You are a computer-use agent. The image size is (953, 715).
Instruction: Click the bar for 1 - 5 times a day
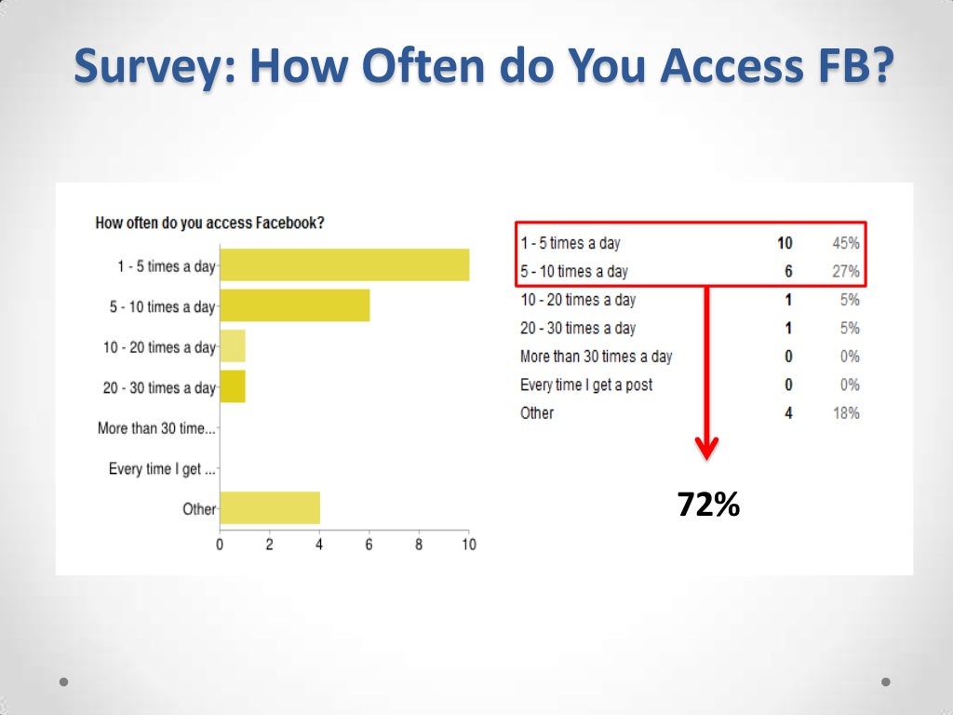[344, 265]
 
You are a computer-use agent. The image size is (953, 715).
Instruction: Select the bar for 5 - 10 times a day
[294, 305]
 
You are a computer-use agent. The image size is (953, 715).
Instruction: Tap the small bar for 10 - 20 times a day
[232, 346]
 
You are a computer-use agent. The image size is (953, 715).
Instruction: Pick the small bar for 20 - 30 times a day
[232, 386]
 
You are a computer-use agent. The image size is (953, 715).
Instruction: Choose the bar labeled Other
[270, 508]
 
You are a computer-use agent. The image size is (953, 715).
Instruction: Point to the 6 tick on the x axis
[369, 545]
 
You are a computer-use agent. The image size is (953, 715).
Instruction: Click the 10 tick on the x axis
[468, 545]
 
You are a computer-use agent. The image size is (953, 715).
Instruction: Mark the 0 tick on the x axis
[220, 545]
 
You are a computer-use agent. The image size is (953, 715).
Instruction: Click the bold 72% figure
[708, 506]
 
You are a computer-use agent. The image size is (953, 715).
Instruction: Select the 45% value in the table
[845, 243]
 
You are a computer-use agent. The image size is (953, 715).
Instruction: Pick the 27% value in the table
[845, 272]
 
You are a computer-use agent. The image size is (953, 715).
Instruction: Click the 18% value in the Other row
[845, 412]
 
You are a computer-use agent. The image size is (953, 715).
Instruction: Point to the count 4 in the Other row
[788, 412]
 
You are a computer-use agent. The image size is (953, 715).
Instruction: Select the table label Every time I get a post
[586, 384]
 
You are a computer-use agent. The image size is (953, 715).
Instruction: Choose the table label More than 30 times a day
[596, 357]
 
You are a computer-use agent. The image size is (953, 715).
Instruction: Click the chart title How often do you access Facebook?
[216, 223]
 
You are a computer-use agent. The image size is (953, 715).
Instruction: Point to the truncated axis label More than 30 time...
[156, 428]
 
